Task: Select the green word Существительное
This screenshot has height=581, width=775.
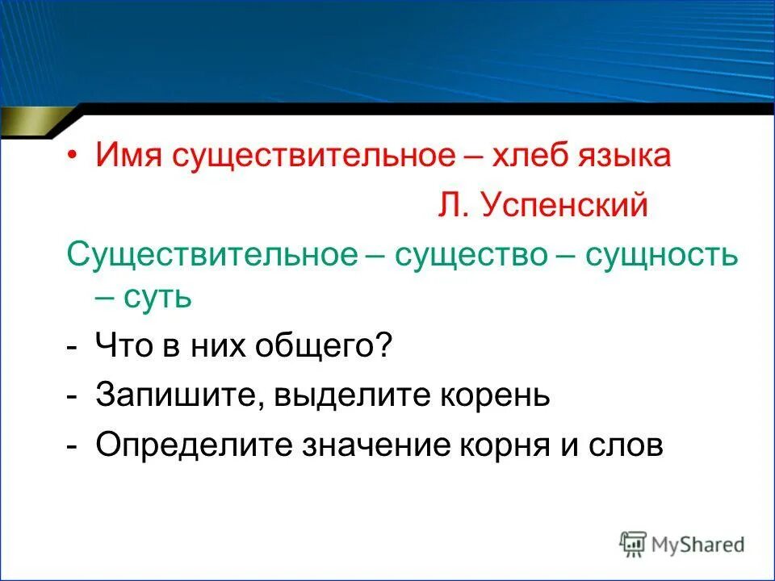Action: (212, 255)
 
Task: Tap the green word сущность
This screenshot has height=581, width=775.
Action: (661, 255)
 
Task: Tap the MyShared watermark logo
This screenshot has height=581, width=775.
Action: (682, 544)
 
